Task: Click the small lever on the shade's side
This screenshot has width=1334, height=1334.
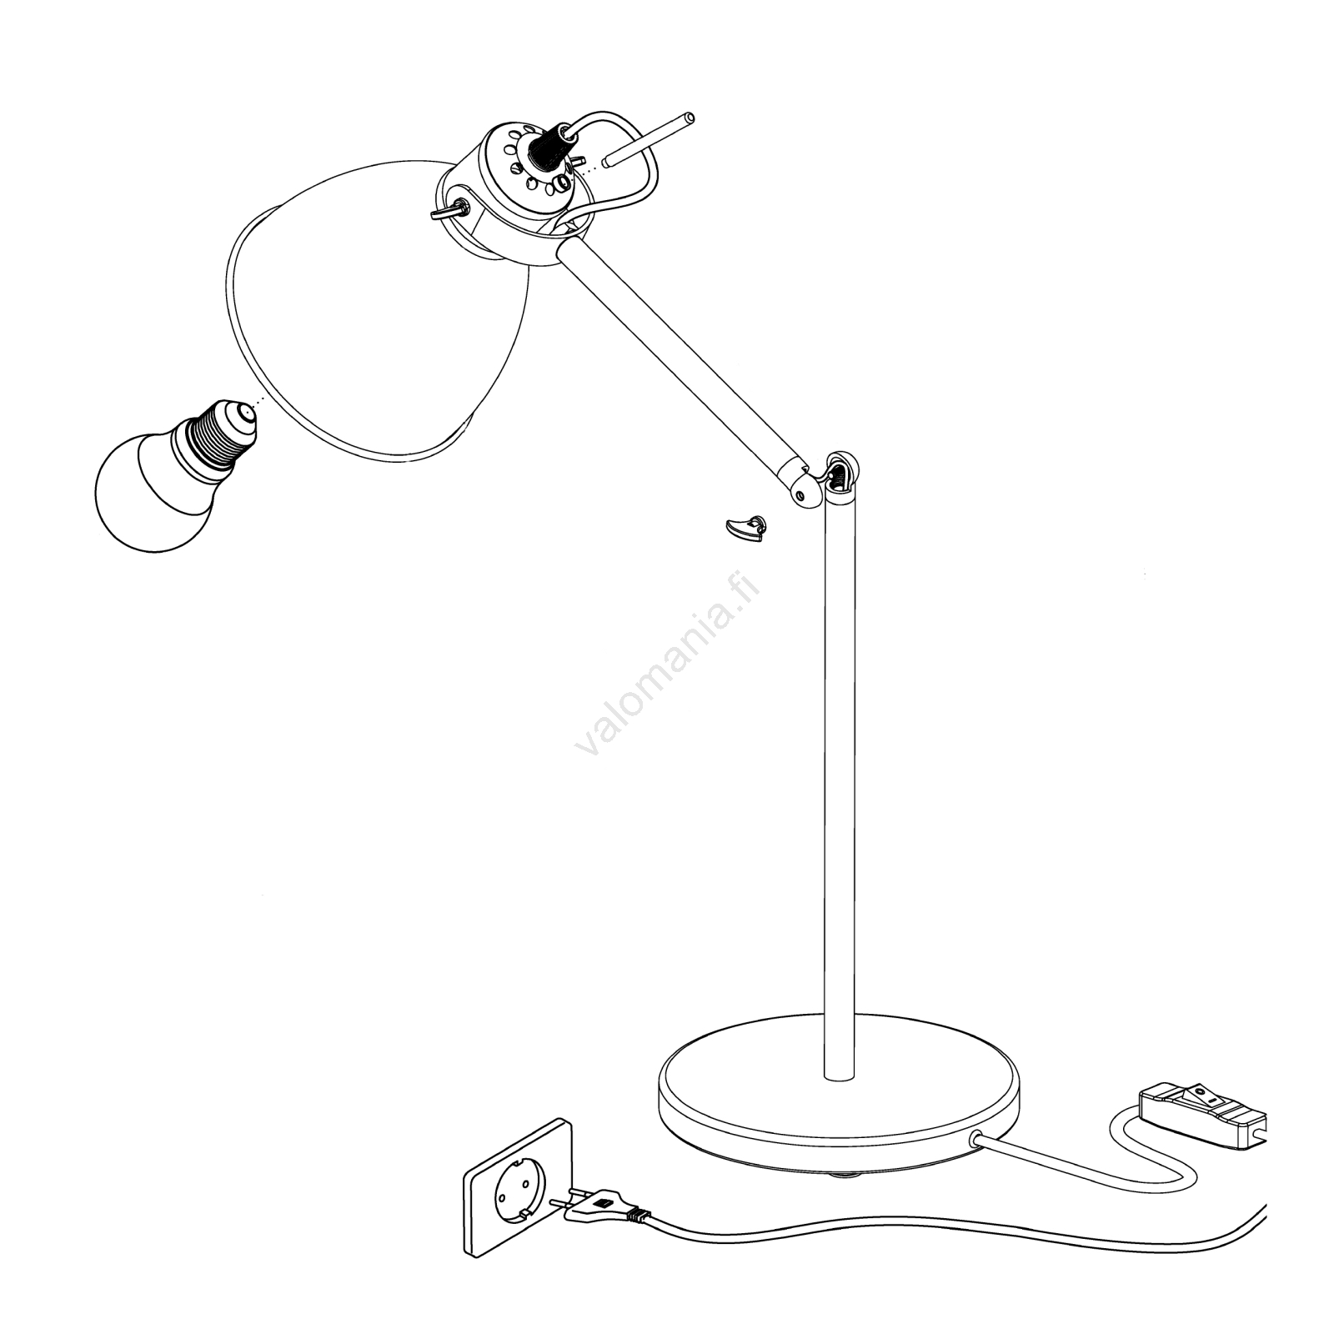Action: [x=449, y=209]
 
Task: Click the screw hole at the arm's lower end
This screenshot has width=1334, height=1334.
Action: [x=801, y=494]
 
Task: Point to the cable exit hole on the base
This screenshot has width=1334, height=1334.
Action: [x=973, y=1136]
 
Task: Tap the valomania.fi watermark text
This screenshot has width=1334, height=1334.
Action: [x=668, y=658]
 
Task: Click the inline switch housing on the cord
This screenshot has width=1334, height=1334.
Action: [x=1201, y=1108]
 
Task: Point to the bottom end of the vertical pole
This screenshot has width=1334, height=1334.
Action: [x=839, y=1077]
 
